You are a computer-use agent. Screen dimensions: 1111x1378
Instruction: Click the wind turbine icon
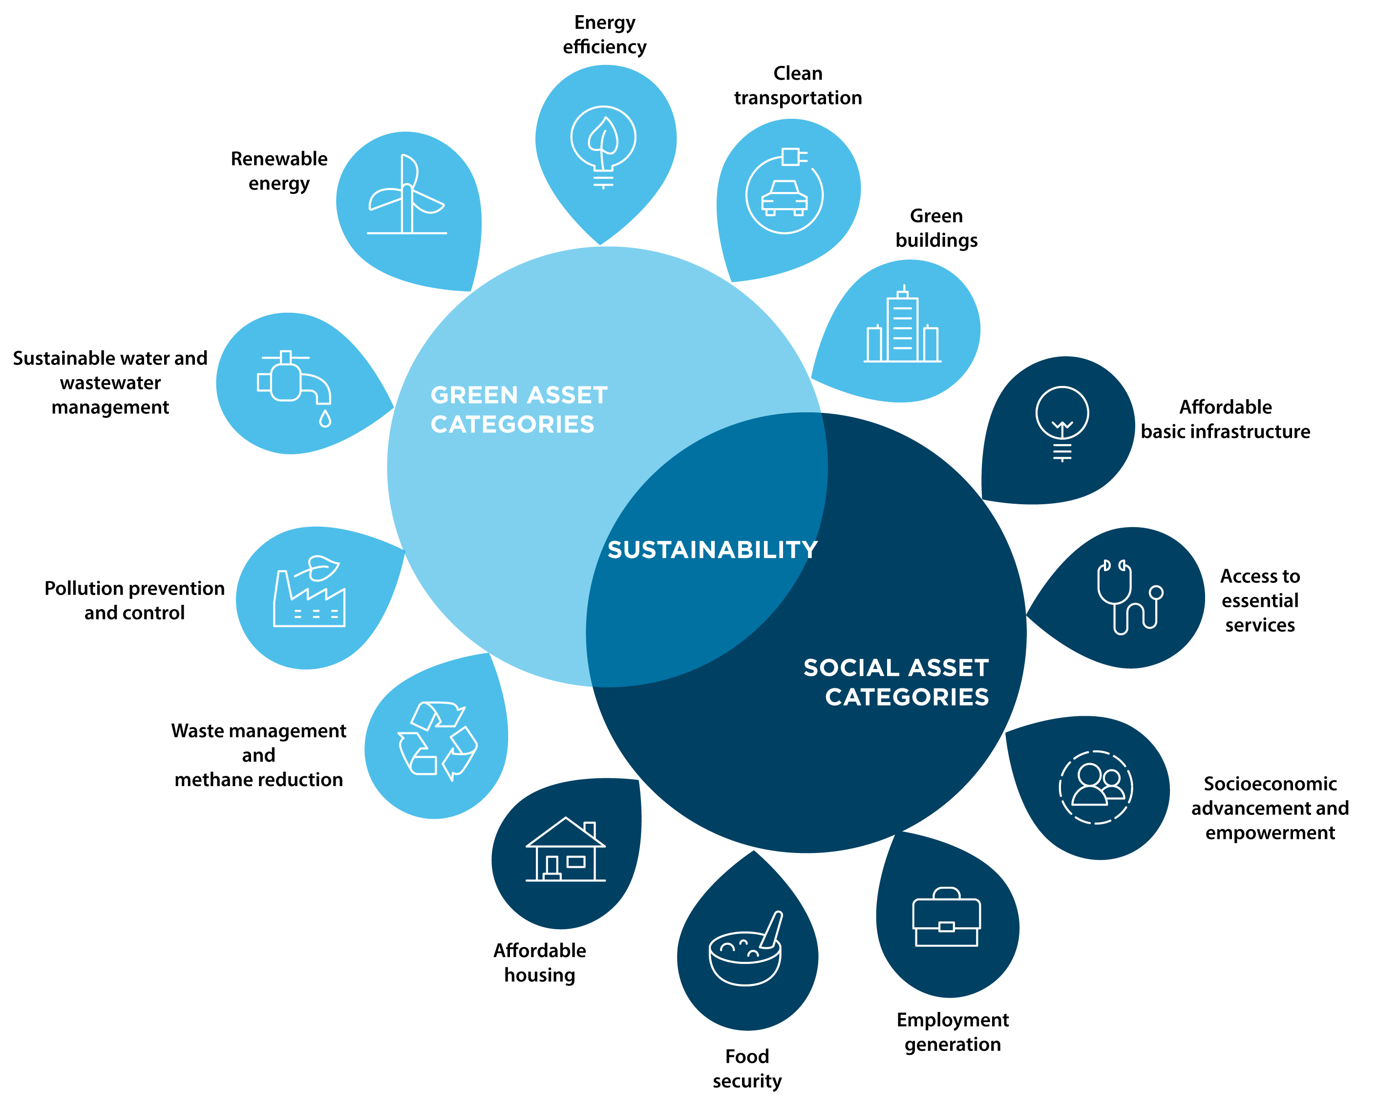pos(407,195)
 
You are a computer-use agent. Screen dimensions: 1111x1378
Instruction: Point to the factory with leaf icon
pos(310,592)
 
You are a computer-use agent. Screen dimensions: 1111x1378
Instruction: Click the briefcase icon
pos(946,917)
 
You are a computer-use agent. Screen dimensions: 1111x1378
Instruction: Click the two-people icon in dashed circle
pos(1096,787)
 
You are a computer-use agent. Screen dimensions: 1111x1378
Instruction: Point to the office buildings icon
pos(902,326)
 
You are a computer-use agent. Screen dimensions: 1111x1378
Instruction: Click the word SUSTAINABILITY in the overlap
pos(713,550)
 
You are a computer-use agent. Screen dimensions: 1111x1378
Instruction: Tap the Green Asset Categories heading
pos(519,409)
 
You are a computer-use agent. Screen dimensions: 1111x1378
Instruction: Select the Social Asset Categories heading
pos(896,682)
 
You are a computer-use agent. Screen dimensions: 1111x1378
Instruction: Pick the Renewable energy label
pos(279,171)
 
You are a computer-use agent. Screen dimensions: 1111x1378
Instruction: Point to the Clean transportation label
pos(798,85)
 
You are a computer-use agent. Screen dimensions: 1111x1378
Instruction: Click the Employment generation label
pos(953,1032)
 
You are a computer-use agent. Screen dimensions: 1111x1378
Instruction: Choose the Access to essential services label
pos(1260,600)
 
